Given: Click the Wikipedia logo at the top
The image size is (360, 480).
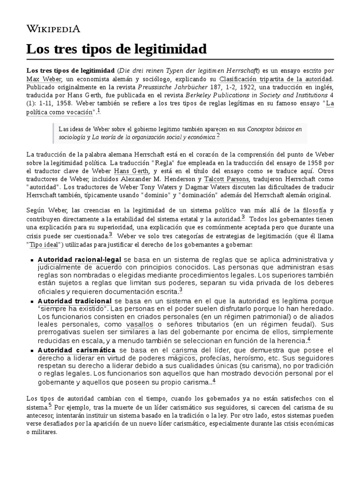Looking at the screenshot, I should tap(53, 29).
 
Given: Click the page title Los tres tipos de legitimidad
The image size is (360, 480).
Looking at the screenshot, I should tap(116, 49).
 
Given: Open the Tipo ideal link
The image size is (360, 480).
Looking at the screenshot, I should tap(45, 245).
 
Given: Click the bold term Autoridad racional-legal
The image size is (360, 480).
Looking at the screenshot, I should tap(80, 259).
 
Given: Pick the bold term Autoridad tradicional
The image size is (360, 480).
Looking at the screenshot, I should tap(75, 300).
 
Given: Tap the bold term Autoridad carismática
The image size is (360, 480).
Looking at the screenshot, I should tap(76, 350).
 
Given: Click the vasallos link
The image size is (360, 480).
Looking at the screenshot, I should tap(141, 324).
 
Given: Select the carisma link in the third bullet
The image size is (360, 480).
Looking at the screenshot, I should tap(184, 350).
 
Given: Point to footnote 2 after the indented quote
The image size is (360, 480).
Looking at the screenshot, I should tap(218, 136).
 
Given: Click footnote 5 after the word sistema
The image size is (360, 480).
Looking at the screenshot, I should tap(50, 405).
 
